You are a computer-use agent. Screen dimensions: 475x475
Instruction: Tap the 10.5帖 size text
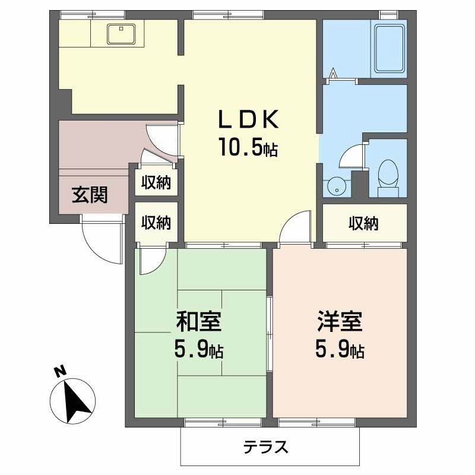[248, 147]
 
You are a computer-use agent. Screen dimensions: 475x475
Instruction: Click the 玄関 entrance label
[90, 195]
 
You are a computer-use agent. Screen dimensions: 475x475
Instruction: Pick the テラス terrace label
[265, 446]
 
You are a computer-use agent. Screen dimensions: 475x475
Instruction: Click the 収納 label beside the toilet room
[363, 223]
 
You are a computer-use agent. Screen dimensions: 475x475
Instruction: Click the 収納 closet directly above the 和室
[156, 223]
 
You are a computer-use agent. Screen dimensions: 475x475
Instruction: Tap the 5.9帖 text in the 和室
[199, 350]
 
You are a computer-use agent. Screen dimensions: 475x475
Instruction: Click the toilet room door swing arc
[350, 156]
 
